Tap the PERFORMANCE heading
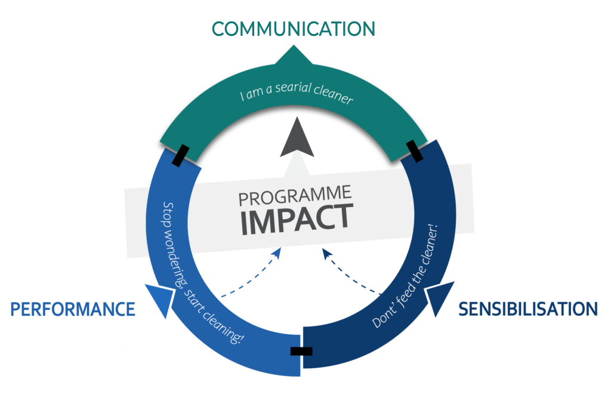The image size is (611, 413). coord(73,309)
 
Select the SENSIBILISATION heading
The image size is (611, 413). coord(527,309)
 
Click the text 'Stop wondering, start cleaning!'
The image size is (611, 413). coord(203,272)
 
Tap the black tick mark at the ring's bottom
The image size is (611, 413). coord(301,351)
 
